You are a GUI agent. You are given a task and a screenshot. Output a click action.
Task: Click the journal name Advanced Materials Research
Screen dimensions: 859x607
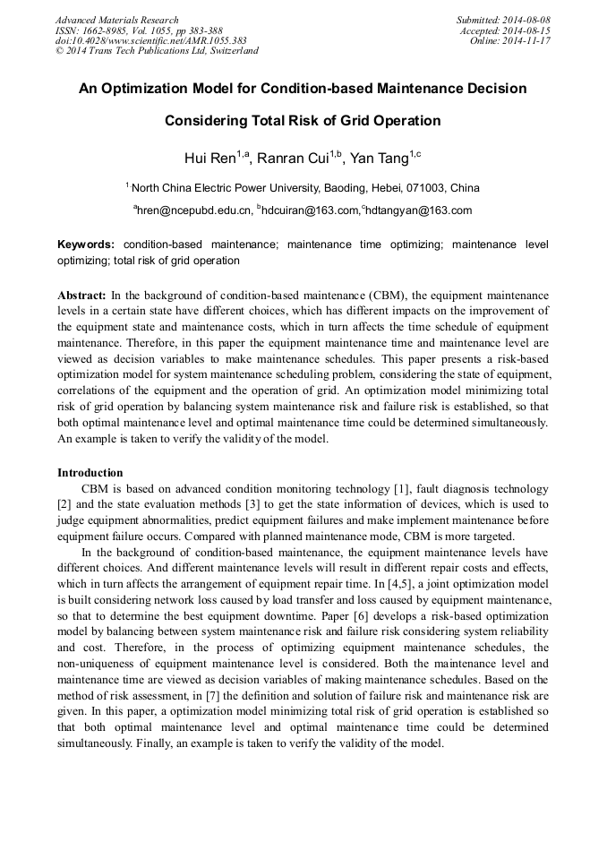(116, 20)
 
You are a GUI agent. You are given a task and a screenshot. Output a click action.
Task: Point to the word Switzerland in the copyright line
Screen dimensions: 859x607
(228, 51)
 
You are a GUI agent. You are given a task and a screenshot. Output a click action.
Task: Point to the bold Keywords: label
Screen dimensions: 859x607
(86, 245)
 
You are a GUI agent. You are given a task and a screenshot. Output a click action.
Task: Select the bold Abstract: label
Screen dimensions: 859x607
(81, 295)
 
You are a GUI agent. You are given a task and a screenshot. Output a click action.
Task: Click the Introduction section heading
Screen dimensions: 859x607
(90, 472)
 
